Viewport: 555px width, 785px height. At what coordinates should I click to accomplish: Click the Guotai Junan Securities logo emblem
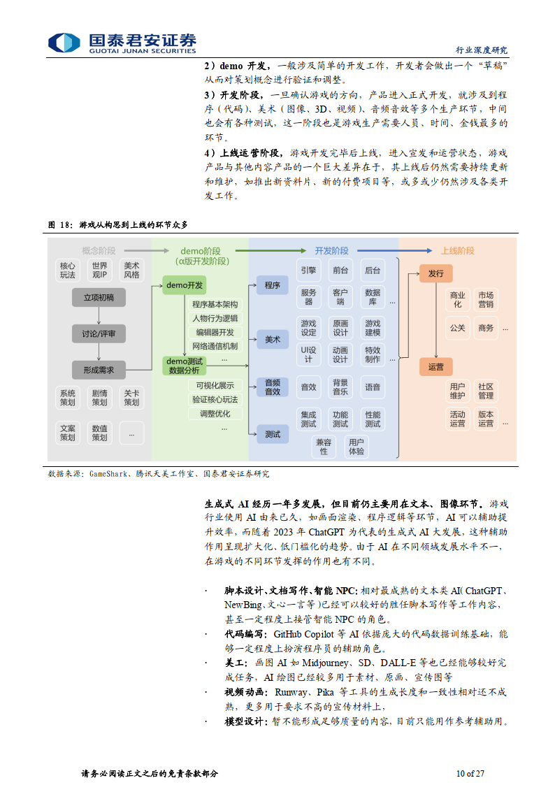point(64,42)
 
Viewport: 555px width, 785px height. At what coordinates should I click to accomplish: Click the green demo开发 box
point(186,285)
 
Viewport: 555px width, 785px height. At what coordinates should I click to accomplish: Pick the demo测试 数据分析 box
point(186,366)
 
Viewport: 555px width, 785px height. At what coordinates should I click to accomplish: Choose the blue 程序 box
point(272,285)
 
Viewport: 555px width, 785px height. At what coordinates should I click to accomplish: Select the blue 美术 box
point(272,340)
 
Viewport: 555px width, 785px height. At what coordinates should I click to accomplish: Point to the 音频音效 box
point(272,387)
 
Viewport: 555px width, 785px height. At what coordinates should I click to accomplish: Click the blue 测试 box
point(272,434)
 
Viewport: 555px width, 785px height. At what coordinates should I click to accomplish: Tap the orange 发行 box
point(435,273)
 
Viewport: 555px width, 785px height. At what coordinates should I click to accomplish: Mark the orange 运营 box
point(435,366)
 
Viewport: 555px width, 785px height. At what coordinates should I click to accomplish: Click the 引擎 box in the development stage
point(308,270)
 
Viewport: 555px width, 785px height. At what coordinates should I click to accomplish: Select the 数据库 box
point(373,297)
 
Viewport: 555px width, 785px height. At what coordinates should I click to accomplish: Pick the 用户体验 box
point(356,447)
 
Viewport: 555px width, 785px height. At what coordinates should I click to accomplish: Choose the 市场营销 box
point(485,300)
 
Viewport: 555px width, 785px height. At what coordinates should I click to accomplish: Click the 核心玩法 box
point(67,271)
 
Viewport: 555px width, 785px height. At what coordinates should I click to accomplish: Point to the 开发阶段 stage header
point(331,250)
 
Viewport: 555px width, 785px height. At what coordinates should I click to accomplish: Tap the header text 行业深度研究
point(482,50)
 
